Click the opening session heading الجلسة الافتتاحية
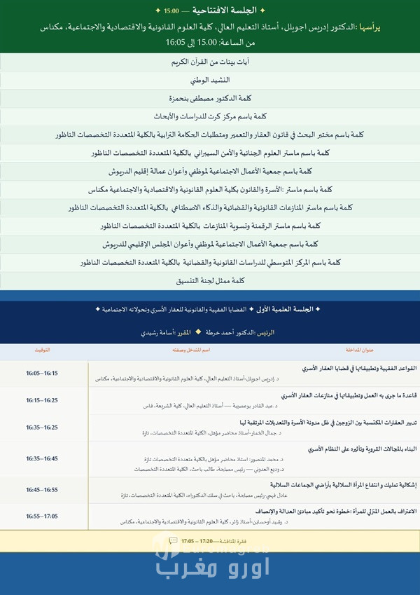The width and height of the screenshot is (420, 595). (x=210, y=11)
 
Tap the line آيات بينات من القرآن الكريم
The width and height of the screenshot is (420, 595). (x=210, y=62)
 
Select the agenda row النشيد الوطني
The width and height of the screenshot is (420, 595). (x=210, y=80)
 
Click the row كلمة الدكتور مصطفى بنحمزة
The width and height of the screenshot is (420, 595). (x=210, y=98)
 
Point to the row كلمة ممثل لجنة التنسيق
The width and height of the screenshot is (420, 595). (x=210, y=280)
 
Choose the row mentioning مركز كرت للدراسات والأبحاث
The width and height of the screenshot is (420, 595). (x=210, y=116)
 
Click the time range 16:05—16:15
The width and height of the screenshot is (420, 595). (x=42, y=373)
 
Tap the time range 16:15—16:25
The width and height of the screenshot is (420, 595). (x=42, y=400)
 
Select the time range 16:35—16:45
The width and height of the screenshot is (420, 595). (x=42, y=458)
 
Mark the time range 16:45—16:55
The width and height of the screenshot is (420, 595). (x=42, y=489)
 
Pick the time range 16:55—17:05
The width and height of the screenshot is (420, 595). (x=42, y=516)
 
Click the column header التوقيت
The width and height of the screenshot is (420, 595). (x=41, y=349)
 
